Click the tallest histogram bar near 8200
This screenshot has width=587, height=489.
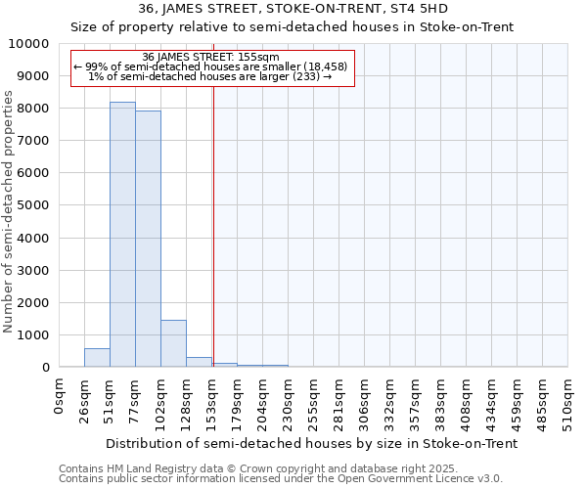(x=122, y=235)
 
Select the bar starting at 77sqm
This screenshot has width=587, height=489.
(x=148, y=239)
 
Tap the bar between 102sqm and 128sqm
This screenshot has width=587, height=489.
(x=173, y=343)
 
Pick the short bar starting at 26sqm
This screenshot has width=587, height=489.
(x=97, y=358)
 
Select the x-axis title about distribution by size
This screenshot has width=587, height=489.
(x=311, y=443)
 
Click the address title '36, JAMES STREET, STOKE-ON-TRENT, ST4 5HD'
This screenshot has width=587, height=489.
(x=293, y=9)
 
